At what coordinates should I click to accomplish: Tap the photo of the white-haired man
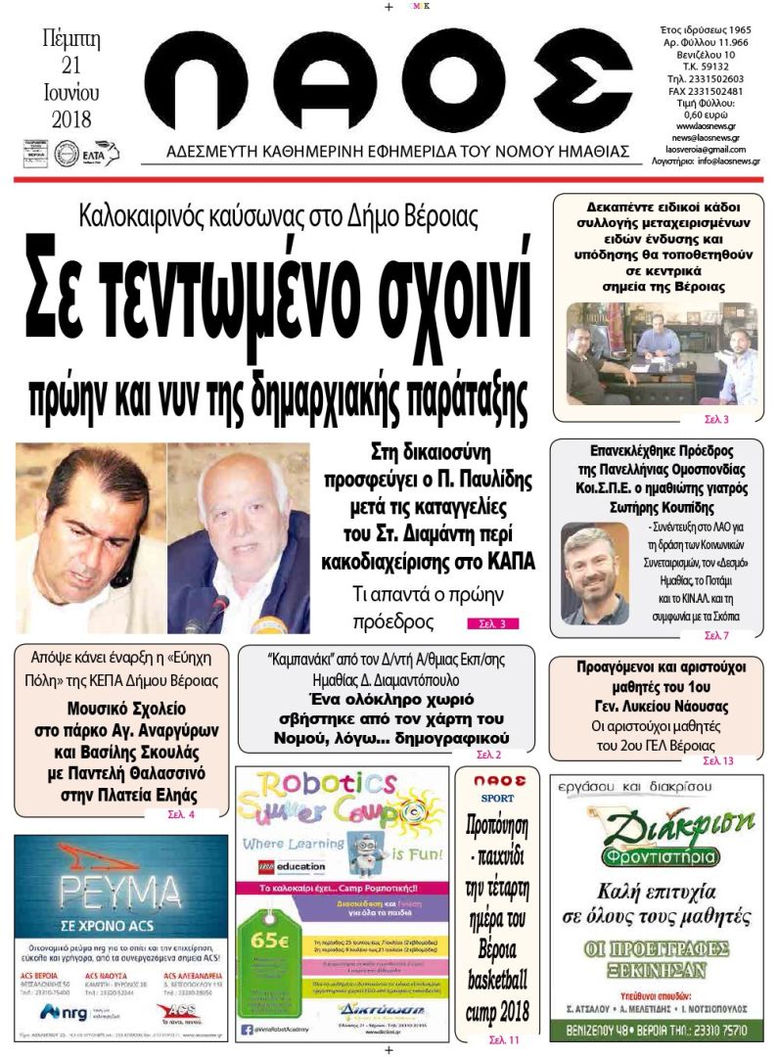(239, 538)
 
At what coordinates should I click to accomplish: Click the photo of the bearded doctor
(594, 575)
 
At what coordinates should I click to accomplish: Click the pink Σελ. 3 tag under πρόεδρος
(492, 623)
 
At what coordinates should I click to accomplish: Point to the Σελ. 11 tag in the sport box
(497, 1039)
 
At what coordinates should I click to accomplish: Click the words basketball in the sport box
(497, 979)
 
